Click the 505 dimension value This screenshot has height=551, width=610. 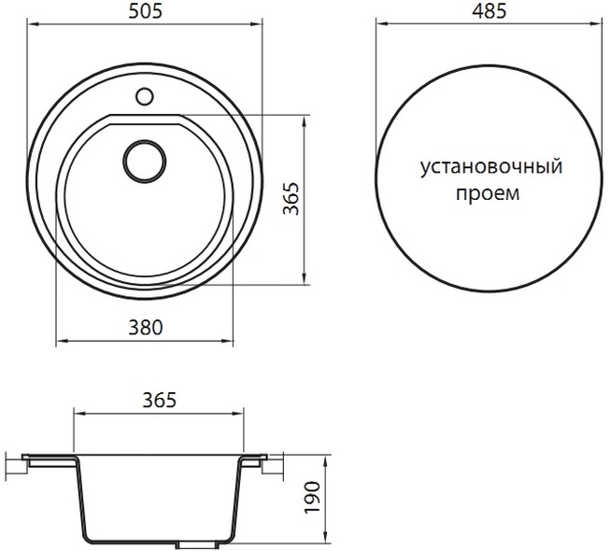[x=145, y=11]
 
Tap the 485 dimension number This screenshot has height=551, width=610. [x=489, y=11]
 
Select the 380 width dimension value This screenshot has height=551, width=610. [x=146, y=328]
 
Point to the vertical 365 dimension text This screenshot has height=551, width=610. [x=291, y=198]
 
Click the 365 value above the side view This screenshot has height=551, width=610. [x=160, y=400]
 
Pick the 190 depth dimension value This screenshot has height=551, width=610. [x=312, y=498]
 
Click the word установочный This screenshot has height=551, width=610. [x=491, y=167]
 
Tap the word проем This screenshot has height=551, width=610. [x=488, y=193]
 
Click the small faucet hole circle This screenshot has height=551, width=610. [x=145, y=96]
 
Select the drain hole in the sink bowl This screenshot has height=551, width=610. [x=145, y=161]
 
